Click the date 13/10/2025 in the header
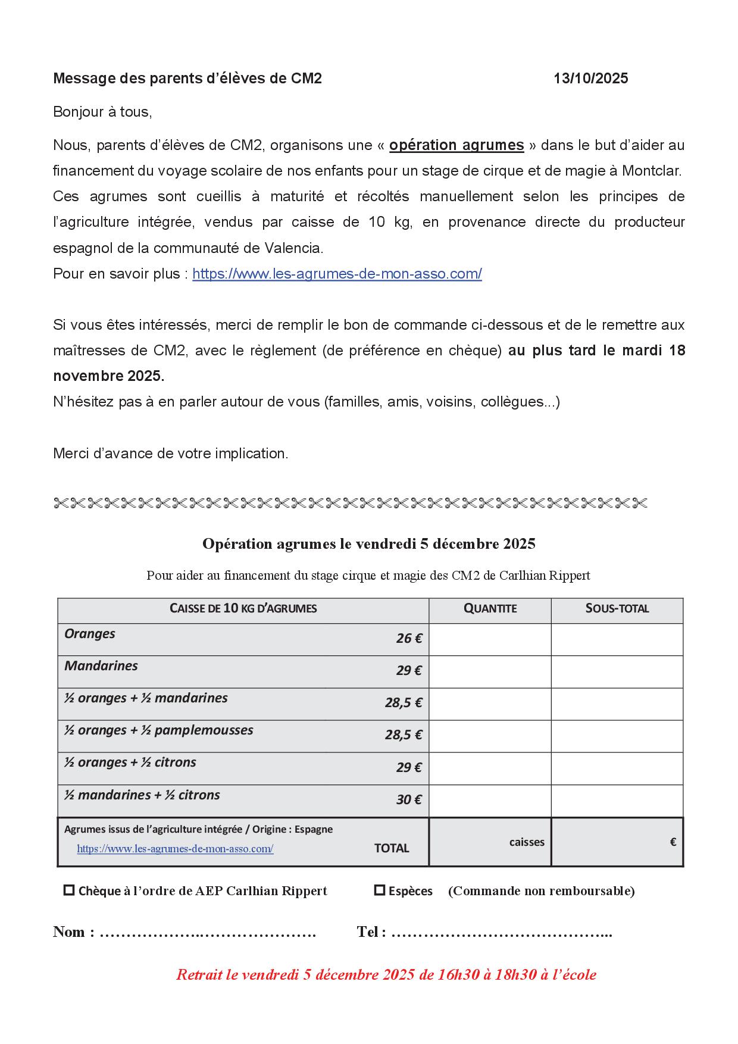pos(590,79)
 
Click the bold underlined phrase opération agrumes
pos(456,145)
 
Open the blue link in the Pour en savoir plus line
pos(337,274)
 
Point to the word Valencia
pos(292,248)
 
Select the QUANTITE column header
pos(490,608)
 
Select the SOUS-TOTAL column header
pos(617,608)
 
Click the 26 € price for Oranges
pos(409,639)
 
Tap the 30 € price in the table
pos(409,800)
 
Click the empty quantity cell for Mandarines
pos(490,671)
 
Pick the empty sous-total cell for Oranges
pos(617,639)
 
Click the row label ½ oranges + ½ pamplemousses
pos(159,730)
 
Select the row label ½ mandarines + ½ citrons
pos(142,795)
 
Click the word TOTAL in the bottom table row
pos(391,849)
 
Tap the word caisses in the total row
pos(526,842)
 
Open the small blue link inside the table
pos(175,849)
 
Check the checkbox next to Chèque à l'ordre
pos(69,890)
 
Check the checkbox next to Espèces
pos(379,890)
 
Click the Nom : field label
pos(74,932)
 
